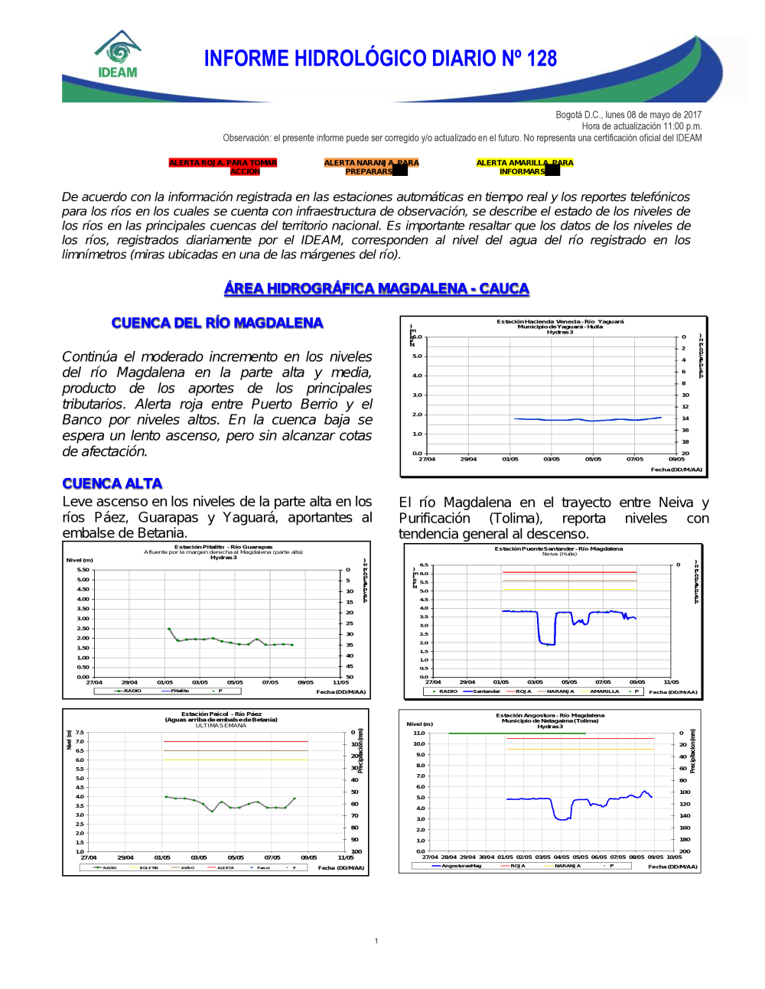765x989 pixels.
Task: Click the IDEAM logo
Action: pyautogui.click(x=118, y=55)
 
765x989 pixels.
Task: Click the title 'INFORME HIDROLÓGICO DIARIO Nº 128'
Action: pyautogui.click(x=380, y=59)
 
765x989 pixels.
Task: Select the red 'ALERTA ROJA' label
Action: pyautogui.click(x=223, y=167)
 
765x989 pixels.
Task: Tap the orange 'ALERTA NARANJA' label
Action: pyautogui.click(x=371, y=167)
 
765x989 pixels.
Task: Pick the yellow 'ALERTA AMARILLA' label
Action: pyautogui.click(x=524, y=167)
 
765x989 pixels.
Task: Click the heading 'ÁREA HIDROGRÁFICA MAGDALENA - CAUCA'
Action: pyautogui.click(x=376, y=288)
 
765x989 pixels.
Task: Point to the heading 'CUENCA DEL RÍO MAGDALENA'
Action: pyautogui.click(x=217, y=323)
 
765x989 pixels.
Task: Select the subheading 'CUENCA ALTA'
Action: pyautogui.click(x=112, y=483)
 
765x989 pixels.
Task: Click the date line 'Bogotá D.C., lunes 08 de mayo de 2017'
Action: pyautogui.click(x=628, y=115)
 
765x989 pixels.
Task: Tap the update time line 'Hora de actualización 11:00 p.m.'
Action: pyautogui.click(x=641, y=126)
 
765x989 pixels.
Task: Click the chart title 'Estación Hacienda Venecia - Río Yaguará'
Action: pyautogui.click(x=560, y=321)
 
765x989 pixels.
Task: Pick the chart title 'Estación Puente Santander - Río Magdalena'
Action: pyautogui.click(x=558, y=548)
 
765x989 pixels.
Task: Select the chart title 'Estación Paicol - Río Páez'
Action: pyautogui.click(x=221, y=714)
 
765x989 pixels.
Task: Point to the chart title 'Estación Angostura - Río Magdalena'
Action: pyautogui.click(x=550, y=715)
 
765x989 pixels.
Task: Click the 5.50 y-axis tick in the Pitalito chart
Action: pyautogui.click(x=83, y=570)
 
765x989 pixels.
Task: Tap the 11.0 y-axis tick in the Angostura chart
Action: pyautogui.click(x=419, y=733)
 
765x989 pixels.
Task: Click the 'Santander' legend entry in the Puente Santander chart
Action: pyautogui.click(x=486, y=691)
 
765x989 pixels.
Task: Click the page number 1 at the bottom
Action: pyautogui.click(x=376, y=941)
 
